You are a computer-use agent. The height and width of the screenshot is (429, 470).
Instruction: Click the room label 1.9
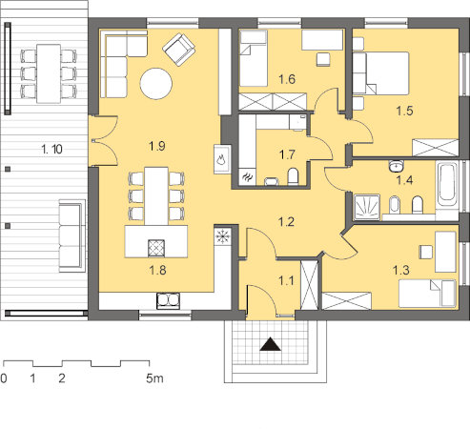pos(157,146)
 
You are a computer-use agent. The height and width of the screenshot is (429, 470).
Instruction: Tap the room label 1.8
pos(157,270)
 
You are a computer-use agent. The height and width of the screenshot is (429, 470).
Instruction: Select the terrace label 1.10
pos(51,149)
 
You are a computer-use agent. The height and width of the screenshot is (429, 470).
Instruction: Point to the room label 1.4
pos(404,180)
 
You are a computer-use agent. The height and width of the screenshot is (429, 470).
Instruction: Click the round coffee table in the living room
pos(156,84)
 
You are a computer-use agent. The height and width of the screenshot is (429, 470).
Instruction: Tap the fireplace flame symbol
pos(221,158)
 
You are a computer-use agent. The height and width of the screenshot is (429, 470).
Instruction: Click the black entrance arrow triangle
pos(271,344)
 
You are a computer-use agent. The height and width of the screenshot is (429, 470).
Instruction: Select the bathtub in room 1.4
pos(447,185)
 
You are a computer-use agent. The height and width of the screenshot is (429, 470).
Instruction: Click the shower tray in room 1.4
pos(367,207)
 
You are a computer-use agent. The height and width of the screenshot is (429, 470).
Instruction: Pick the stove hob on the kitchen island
pos(156,248)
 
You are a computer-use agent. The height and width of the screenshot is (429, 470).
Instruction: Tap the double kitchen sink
pos(168,301)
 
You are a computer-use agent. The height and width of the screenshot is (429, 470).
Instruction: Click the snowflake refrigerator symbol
pos(222,236)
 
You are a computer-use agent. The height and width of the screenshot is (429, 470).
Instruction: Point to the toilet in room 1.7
pos(293,176)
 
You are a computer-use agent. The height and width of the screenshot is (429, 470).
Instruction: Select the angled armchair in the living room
pos(178,50)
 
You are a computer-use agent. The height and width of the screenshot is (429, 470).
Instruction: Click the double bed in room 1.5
pos(380,73)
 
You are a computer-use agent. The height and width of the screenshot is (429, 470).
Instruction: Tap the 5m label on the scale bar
pos(154,378)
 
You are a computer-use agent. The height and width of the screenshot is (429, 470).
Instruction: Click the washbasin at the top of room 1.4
pos(396,166)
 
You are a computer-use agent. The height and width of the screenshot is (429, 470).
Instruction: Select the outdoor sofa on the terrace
pos(72,235)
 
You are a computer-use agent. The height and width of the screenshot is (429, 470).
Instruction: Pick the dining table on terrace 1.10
pos(49,73)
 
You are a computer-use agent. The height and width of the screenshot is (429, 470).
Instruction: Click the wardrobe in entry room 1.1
pos(309,285)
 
